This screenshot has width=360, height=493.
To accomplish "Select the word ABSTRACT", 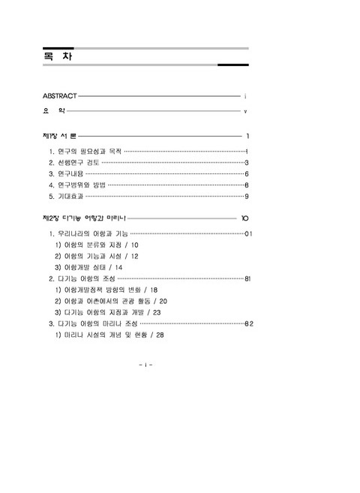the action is click(x=60, y=96).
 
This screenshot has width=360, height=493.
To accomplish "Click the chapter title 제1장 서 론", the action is click(x=61, y=137).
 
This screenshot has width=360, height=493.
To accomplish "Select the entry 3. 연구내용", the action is click(x=66, y=173).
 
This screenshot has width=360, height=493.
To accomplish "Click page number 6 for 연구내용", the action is click(x=246, y=173).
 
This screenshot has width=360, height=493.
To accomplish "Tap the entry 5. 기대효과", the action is click(x=66, y=196).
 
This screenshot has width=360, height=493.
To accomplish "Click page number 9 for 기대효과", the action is click(x=246, y=196).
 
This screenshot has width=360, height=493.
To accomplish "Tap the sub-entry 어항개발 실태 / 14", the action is click(x=88, y=267).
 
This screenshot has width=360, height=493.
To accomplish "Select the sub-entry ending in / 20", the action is click(x=115, y=301).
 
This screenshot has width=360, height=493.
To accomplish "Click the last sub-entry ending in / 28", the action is click(x=109, y=335).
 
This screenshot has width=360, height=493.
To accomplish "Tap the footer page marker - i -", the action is click(x=146, y=365).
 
